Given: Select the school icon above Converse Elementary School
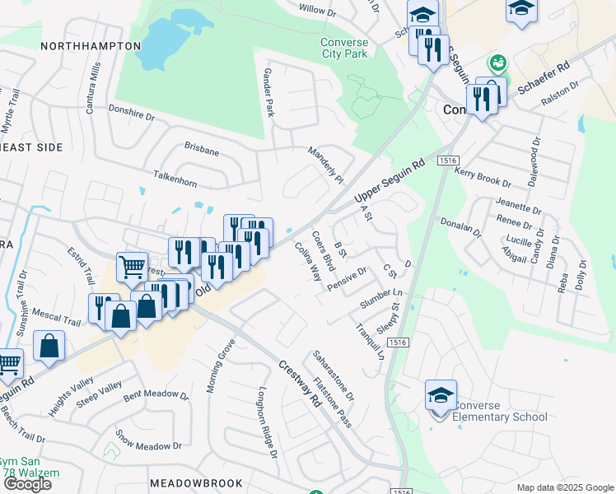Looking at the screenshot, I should click(x=441, y=395).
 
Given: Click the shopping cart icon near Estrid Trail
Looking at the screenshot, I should click(x=132, y=267).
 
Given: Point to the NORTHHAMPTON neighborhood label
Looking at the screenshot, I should click(x=91, y=46).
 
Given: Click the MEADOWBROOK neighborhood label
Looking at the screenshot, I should click(x=196, y=482).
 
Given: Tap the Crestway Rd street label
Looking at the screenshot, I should click(x=298, y=385).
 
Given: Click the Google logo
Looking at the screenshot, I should click(x=26, y=484).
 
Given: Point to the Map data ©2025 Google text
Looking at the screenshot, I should click(x=564, y=487).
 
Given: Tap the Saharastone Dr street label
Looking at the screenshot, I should click(x=333, y=375).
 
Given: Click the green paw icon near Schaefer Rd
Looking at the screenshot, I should click(x=497, y=63).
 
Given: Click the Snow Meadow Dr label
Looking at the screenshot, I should click(x=148, y=440).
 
